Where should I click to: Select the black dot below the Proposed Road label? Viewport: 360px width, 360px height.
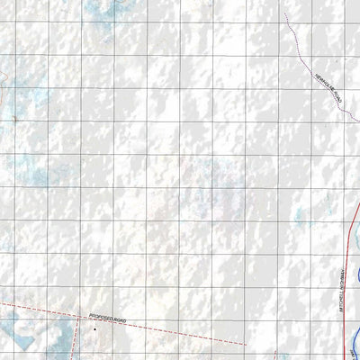coord(92,329)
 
